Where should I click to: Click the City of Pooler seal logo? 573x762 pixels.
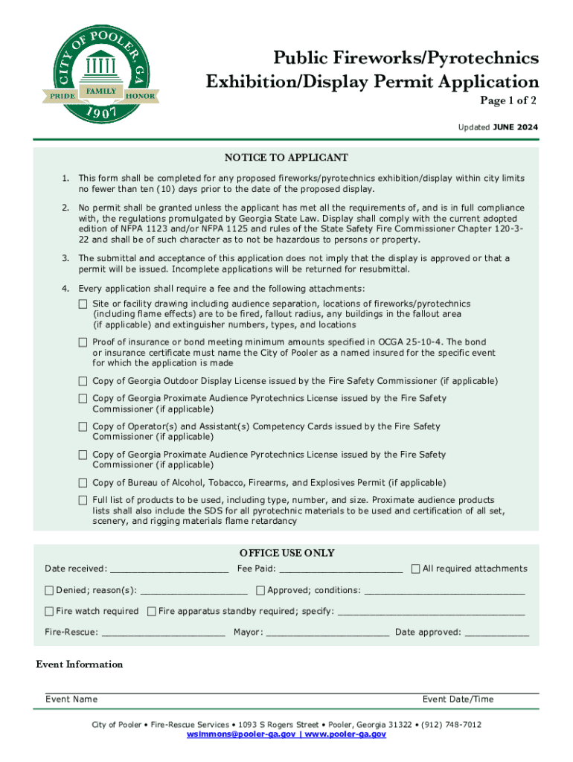pos(100,67)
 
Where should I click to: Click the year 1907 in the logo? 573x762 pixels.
pos(100,114)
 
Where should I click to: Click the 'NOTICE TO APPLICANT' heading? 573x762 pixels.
pos(286,158)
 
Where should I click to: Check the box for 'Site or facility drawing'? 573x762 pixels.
pos(83,304)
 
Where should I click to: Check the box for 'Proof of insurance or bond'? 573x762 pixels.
pos(83,342)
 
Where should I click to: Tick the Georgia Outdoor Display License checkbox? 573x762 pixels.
pos(83,381)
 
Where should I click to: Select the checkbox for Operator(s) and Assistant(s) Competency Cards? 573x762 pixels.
pos(83,427)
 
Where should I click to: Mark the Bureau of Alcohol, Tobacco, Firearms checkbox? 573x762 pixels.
pos(83,483)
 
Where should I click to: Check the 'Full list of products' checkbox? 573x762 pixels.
pos(83,500)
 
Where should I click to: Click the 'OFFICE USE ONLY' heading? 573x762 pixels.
pos(286,553)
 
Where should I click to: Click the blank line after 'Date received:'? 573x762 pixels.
pos(168,570)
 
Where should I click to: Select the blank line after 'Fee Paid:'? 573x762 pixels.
pos(341,570)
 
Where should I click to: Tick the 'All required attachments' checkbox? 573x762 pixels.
pos(416,569)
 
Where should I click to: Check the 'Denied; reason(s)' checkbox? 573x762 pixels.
pos(49,591)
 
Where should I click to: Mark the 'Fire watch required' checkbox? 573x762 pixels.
pos(49,612)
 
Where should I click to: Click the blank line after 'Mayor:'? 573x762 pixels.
pos(327,634)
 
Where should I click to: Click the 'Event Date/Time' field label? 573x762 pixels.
pos(458,699)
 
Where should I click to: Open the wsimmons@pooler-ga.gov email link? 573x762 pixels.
pos(241,734)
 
